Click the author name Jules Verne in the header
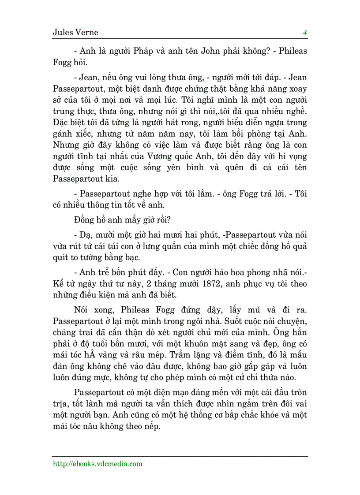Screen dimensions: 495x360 [x=75, y=33]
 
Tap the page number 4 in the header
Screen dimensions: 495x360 [x=304, y=33]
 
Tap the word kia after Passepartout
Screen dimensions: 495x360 [x=112, y=179]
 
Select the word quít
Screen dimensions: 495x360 [x=60, y=257]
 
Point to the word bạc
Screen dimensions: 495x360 [x=134, y=257]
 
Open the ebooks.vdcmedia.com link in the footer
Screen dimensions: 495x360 [x=97, y=464]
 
